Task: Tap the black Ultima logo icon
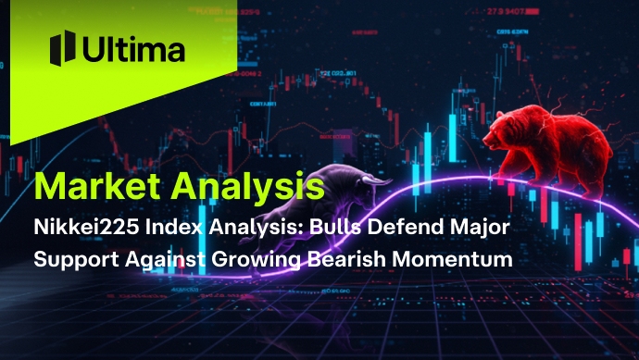pos(62,47)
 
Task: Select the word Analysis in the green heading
pos(244,189)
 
